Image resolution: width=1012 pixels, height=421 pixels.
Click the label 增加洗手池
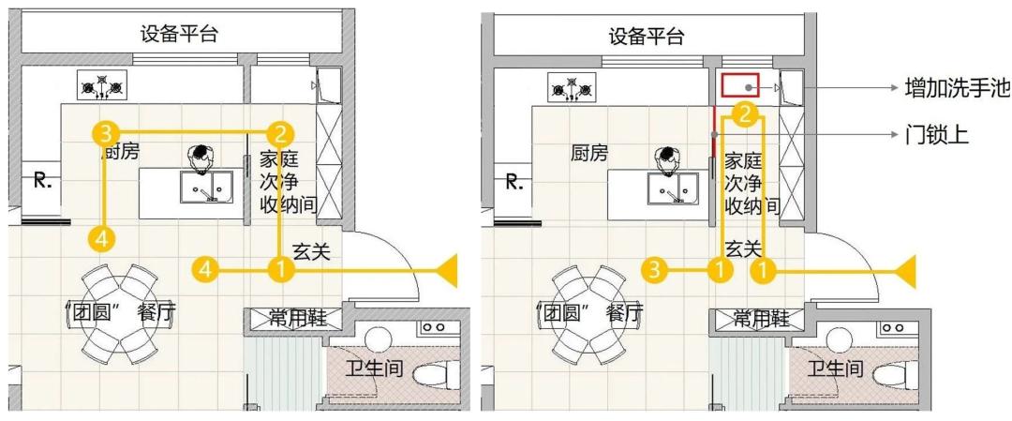(x=958, y=87)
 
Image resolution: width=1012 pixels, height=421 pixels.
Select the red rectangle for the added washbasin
(x=739, y=86)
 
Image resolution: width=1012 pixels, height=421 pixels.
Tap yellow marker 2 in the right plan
(x=743, y=114)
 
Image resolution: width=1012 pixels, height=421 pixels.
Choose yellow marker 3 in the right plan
(x=655, y=269)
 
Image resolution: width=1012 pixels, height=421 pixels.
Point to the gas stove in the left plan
(x=102, y=86)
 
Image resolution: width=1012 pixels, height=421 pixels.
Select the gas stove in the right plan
(x=572, y=87)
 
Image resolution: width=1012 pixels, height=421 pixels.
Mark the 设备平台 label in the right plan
(x=646, y=37)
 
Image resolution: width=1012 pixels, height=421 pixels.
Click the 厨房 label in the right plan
(x=589, y=153)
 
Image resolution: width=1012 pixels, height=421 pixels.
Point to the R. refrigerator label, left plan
(x=42, y=182)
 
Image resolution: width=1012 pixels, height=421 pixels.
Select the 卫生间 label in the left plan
(x=374, y=368)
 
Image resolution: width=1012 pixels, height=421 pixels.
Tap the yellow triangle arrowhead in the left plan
(x=446, y=271)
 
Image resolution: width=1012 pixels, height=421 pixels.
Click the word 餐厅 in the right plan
(x=625, y=313)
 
